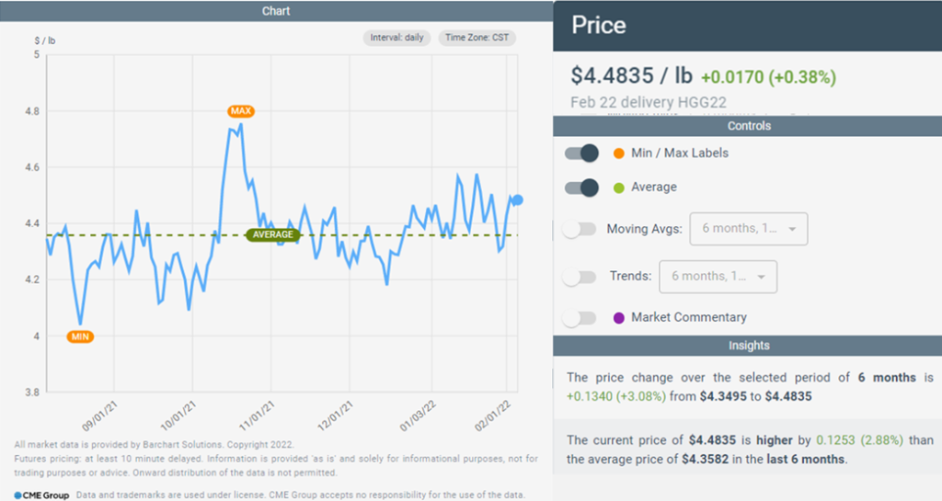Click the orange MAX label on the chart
pyautogui.click(x=241, y=111)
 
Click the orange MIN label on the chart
pyautogui.click(x=81, y=336)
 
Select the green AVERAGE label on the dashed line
pyautogui.click(x=273, y=234)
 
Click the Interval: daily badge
pyautogui.click(x=396, y=39)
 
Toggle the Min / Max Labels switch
pyautogui.click(x=581, y=154)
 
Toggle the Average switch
pyautogui.click(x=581, y=188)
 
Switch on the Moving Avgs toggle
pyautogui.click(x=580, y=229)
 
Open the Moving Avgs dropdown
pyautogui.click(x=748, y=229)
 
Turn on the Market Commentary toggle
pyautogui.click(x=580, y=318)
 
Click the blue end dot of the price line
pyautogui.click(x=518, y=199)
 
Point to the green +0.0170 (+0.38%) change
pyautogui.click(x=768, y=77)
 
